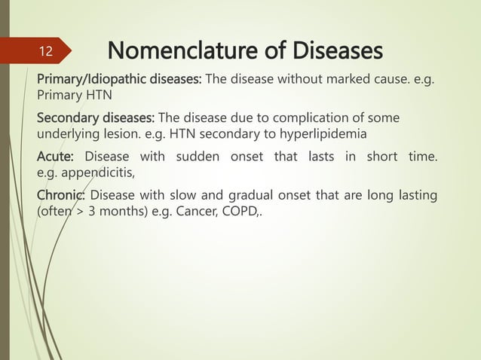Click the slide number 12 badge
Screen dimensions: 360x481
pyautogui.click(x=45, y=52)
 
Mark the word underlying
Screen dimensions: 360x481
pyautogui.click(x=68, y=133)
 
